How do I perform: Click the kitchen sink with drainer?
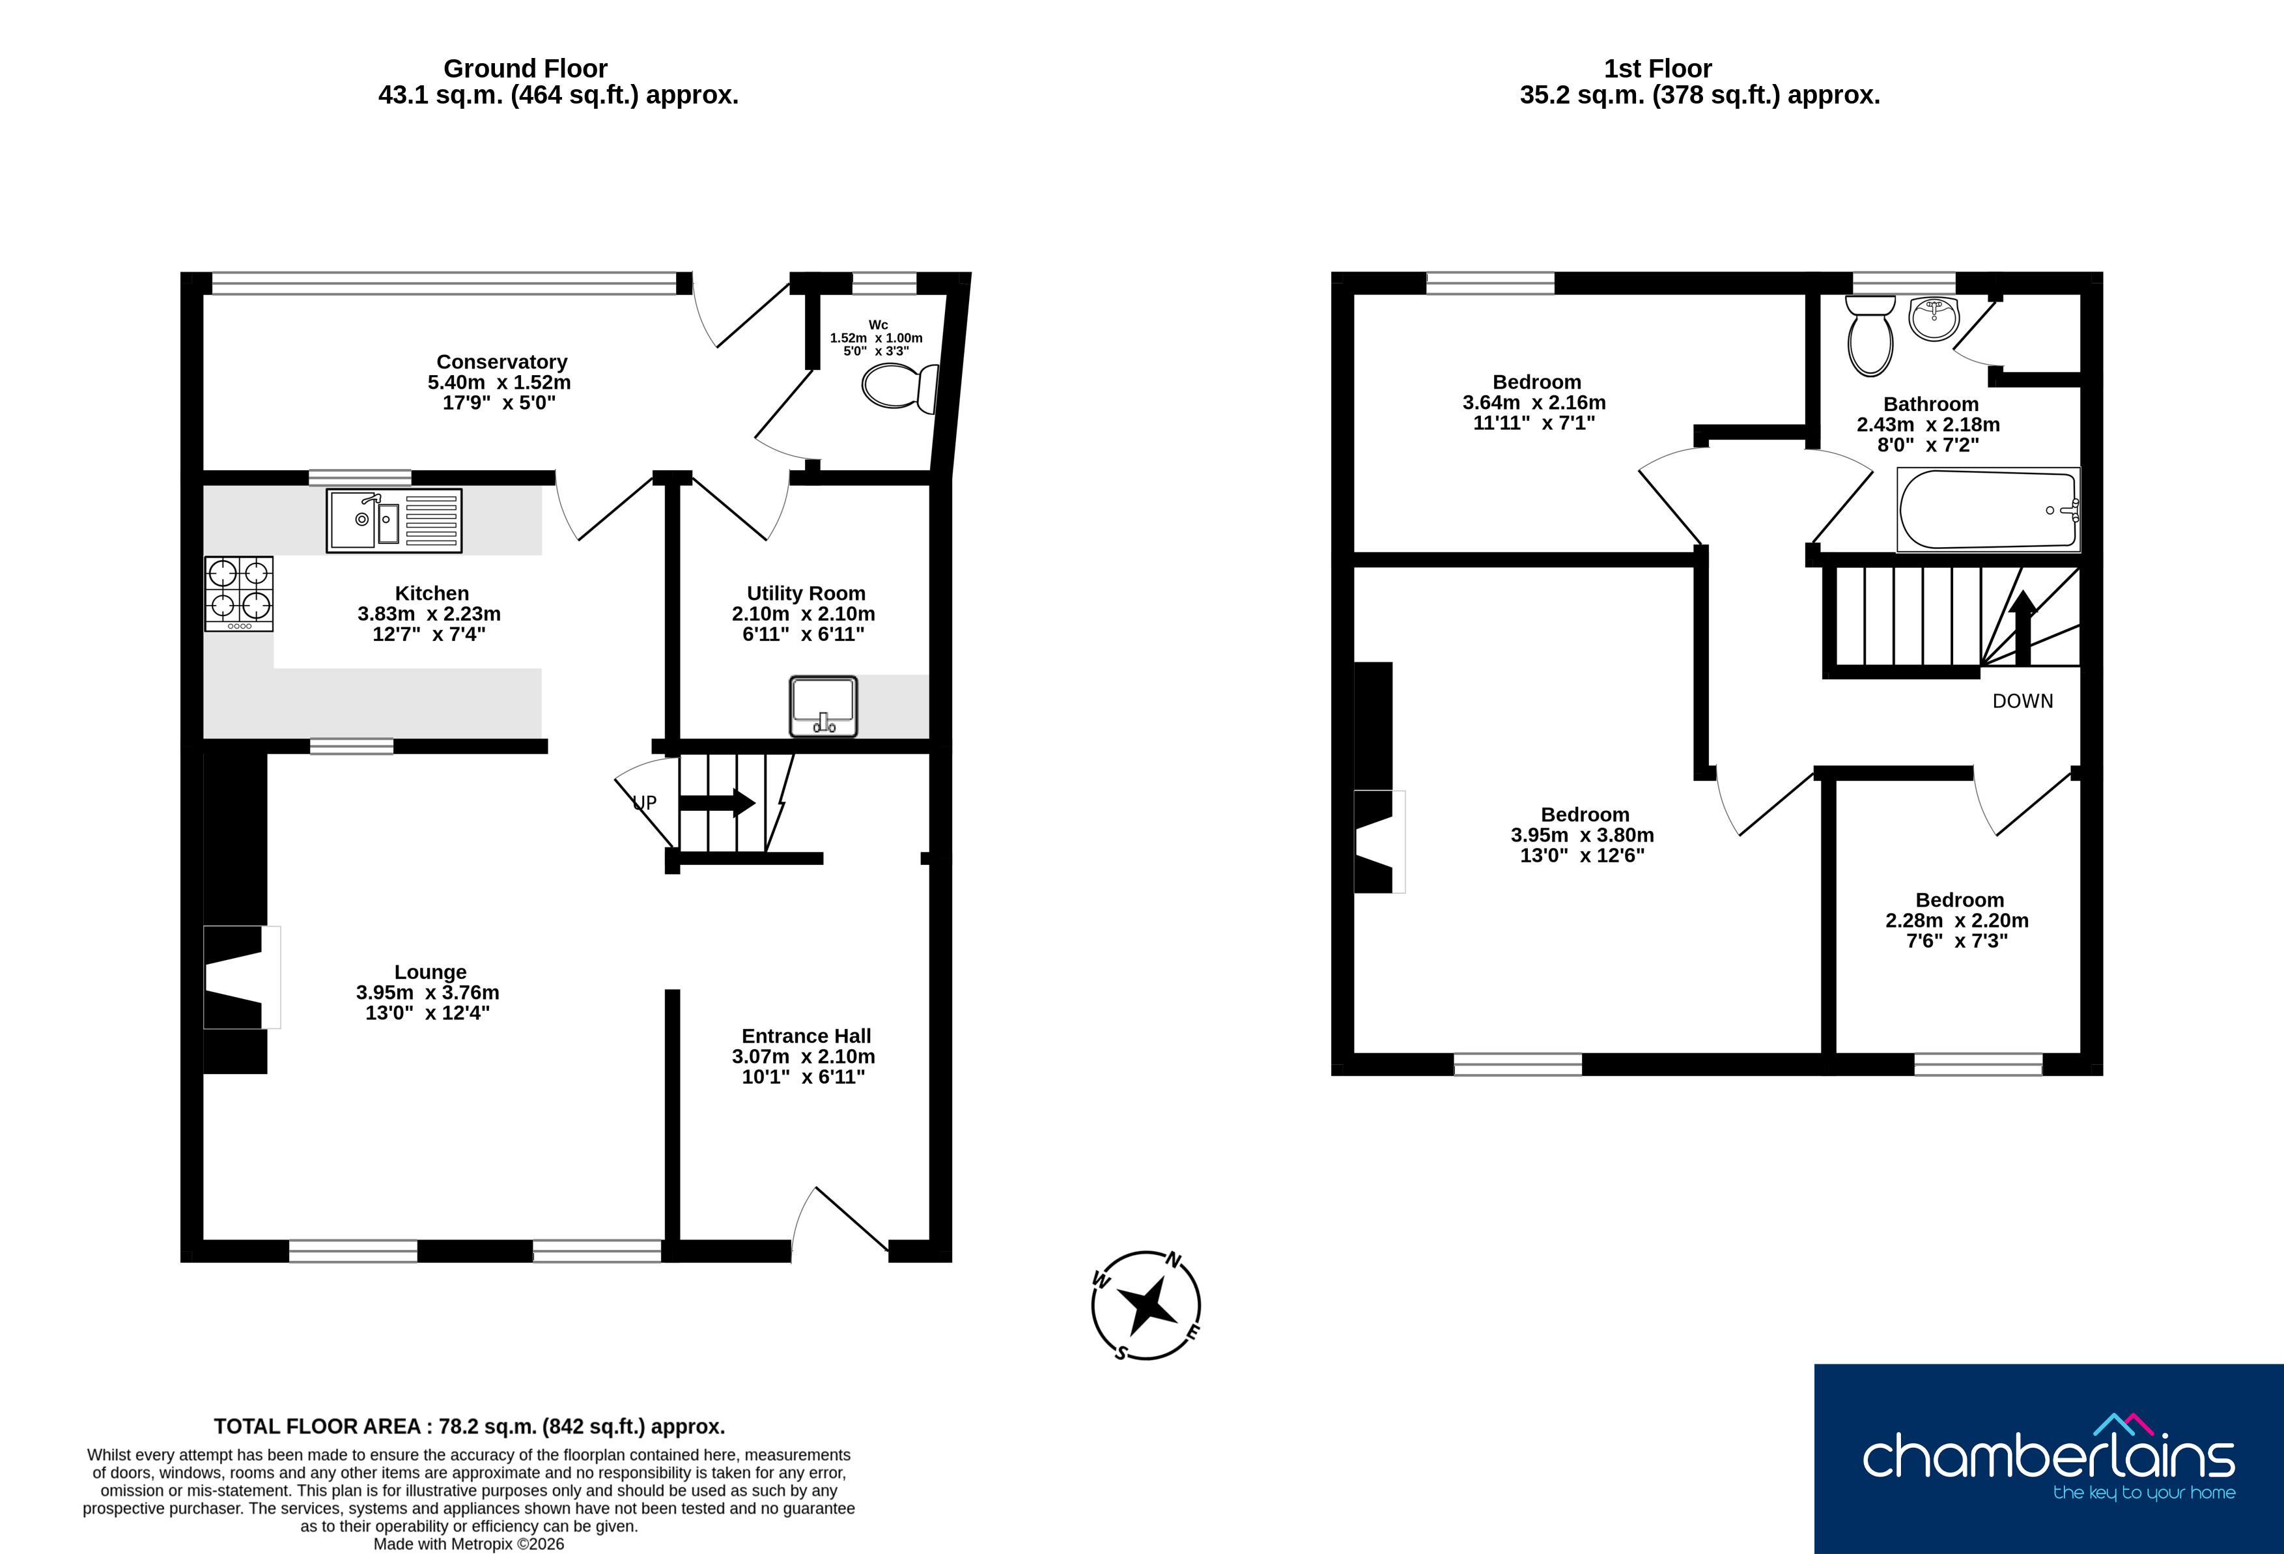(x=394, y=520)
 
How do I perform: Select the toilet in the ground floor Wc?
(x=900, y=388)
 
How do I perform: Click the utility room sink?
(x=824, y=706)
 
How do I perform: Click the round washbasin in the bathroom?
(x=1933, y=318)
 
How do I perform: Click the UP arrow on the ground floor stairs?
(x=716, y=803)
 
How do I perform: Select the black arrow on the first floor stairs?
(x=2023, y=628)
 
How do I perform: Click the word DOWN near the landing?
(x=2023, y=701)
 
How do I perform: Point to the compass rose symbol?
(x=1146, y=1305)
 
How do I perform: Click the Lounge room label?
(x=430, y=972)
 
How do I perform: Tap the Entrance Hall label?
(x=806, y=1036)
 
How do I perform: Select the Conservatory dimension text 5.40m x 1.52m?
(x=500, y=382)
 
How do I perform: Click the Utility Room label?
(x=806, y=594)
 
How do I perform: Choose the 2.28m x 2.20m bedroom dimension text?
(x=1956, y=921)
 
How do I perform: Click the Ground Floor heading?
(x=525, y=69)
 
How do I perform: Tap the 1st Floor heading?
(x=1658, y=69)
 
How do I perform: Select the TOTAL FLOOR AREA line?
(x=470, y=1426)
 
